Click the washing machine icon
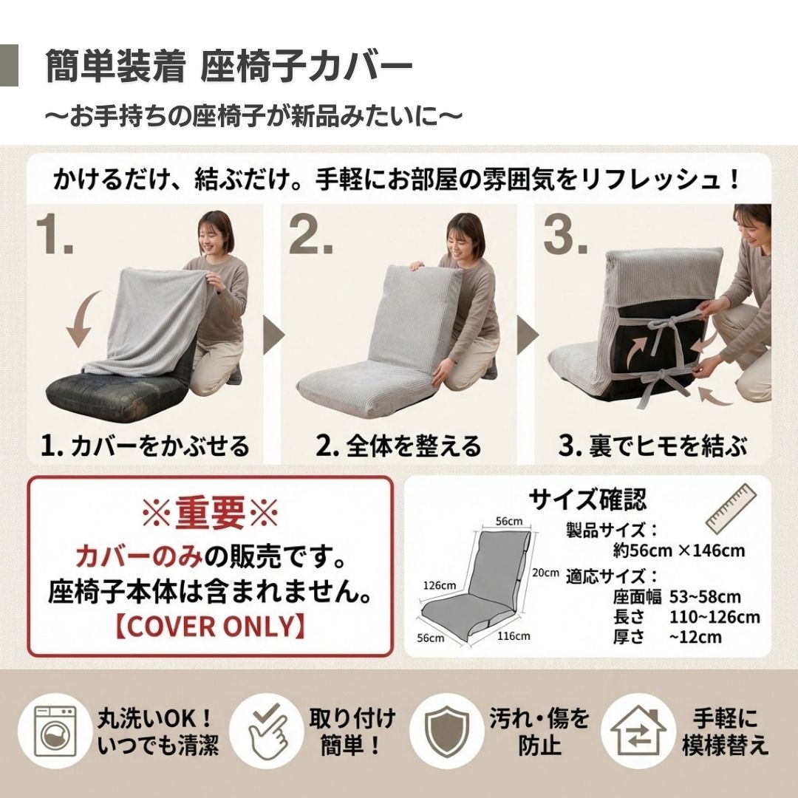point(55,731)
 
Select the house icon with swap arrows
point(638,731)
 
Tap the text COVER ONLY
point(210,627)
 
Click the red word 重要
point(210,513)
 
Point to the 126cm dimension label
point(440,585)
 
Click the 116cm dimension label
point(514,635)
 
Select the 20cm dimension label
point(545,573)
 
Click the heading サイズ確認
point(588,499)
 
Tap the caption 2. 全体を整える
point(398,446)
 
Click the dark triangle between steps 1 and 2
point(274,335)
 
